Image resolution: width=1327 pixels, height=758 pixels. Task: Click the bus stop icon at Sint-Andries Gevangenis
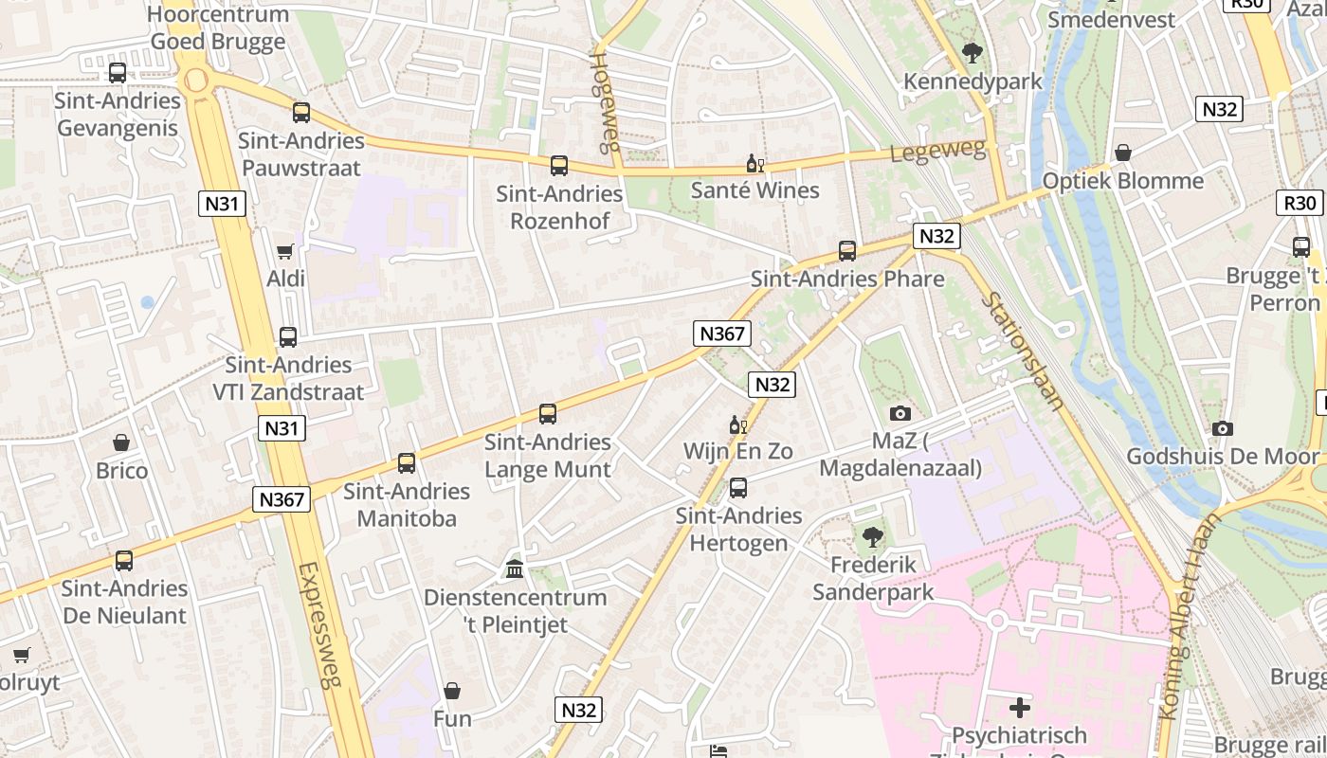(118, 73)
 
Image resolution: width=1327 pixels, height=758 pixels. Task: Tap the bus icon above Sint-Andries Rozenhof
(559, 166)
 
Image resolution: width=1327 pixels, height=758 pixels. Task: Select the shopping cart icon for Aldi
(285, 251)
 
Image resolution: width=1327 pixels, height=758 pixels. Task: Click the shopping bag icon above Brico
(121, 442)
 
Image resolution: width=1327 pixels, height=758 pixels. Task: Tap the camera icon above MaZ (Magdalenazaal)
(900, 413)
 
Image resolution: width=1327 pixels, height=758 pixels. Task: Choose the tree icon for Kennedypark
(972, 53)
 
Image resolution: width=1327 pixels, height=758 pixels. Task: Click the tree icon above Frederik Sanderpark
(872, 537)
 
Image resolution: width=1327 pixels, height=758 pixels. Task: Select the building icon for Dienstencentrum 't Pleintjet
(515, 569)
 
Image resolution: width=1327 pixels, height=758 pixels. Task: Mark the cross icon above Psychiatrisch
(1020, 708)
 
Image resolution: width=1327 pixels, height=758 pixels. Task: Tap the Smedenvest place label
(1111, 20)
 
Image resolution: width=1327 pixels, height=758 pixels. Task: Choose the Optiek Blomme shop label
(1122, 181)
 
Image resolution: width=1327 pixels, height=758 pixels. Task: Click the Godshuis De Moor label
(1222, 457)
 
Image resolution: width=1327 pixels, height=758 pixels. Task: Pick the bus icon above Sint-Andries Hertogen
(738, 488)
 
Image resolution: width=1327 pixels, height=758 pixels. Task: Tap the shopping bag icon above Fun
(452, 691)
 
